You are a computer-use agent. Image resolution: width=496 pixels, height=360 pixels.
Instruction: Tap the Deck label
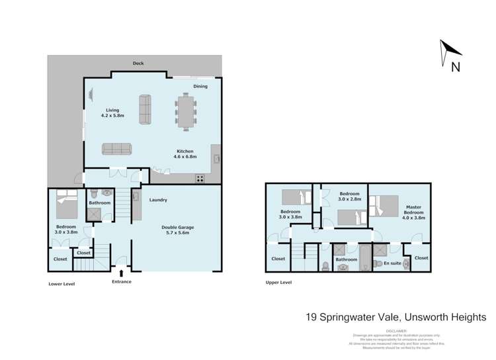pos(138,64)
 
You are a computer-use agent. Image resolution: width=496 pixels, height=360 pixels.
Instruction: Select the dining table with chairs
pos(186,111)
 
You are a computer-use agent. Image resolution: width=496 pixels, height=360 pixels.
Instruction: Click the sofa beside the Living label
pos(145,109)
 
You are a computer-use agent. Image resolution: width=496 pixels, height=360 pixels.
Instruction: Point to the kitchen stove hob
pos(200,178)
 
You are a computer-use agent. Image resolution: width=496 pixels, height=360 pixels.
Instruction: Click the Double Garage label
pos(177,230)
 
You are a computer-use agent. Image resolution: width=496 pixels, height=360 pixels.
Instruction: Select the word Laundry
pos(158,200)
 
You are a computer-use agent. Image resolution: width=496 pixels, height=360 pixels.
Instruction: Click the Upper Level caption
pos(278,283)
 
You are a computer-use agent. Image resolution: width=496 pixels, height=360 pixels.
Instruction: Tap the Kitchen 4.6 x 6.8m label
pos(185,154)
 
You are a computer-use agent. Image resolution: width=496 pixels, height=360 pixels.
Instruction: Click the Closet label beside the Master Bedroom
pos(421,258)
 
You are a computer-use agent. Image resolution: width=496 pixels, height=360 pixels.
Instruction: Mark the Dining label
pos(200,86)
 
